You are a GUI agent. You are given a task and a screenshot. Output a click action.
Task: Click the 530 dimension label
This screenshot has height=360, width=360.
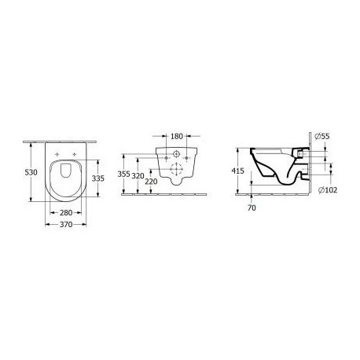point(31,172)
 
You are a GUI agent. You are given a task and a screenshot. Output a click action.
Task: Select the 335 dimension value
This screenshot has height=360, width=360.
point(98,178)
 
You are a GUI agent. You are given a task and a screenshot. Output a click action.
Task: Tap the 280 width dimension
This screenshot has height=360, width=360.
point(66,213)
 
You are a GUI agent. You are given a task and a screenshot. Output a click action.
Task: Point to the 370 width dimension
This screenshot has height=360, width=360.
point(66,225)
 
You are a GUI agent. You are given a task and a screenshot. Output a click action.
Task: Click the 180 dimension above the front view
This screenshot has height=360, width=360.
point(177,136)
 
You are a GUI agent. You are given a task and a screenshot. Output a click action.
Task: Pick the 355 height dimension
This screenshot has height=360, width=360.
point(123,174)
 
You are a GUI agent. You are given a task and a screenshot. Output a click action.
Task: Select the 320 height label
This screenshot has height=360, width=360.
point(138,176)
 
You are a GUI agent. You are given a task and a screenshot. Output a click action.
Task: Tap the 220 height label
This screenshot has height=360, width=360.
point(151,182)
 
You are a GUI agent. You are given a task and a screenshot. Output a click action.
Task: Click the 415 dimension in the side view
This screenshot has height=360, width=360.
point(237,171)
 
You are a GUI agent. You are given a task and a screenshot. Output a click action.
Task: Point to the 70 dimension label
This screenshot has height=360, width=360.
point(252,208)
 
